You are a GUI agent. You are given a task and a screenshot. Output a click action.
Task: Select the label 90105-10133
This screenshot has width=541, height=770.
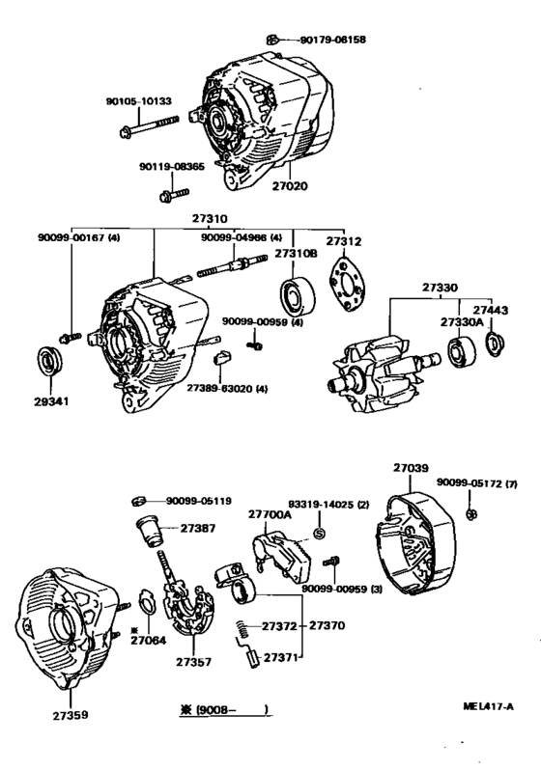coord(138,100)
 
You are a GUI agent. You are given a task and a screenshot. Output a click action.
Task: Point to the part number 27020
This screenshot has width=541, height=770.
coord(290,185)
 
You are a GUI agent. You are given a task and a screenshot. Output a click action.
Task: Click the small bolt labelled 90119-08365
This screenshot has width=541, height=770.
coord(163,197)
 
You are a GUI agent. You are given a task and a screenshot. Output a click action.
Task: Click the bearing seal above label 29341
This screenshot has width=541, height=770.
coord(48,361)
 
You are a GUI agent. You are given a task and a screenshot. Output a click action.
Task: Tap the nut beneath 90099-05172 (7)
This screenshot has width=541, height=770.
coord(470,511)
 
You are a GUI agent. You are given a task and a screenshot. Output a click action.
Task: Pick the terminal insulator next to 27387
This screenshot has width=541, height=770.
coord(150,530)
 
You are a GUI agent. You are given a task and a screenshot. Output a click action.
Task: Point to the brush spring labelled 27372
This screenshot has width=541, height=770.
coord(244,631)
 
